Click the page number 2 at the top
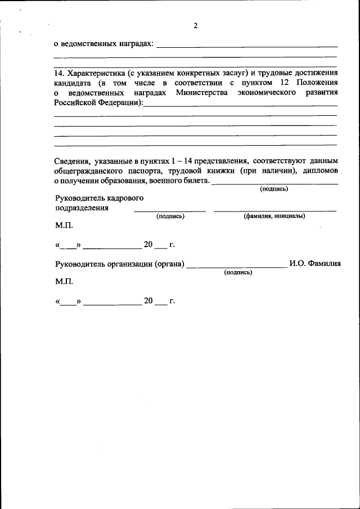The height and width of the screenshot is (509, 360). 195,26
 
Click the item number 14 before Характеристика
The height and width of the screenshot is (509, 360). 58,74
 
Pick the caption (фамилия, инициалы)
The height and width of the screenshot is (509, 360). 274,216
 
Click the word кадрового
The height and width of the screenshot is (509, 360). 124,198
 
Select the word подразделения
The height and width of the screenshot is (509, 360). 81,208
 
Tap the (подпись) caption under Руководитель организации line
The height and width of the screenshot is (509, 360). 237,272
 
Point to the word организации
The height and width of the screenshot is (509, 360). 130,264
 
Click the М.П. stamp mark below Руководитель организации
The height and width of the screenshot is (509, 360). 64,281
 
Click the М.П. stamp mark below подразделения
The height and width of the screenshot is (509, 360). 64,225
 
